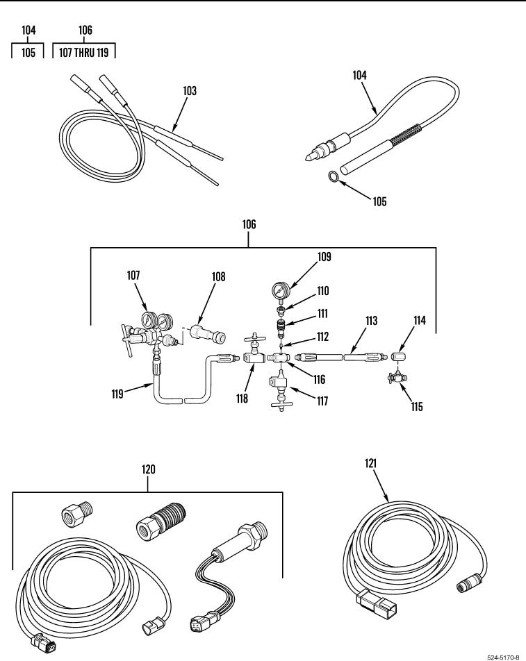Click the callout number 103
pos(189,91)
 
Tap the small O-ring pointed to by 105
pos(334,178)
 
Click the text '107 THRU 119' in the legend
pos(84,52)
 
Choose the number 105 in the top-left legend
pos(28,52)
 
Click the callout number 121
pos(370,462)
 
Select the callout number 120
pos(148,469)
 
